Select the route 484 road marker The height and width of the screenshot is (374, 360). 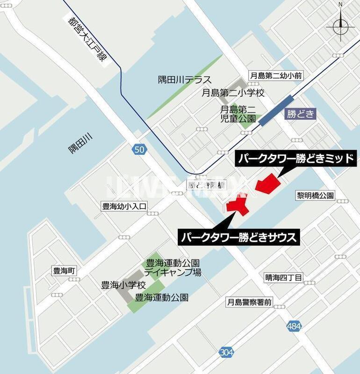pyautogui.click(x=294, y=327)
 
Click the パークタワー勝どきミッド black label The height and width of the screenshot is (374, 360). pyautogui.click(x=296, y=158)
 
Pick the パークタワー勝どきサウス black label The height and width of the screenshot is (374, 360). pyautogui.click(x=238, y=237)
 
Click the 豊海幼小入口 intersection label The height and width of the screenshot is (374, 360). pyautogui.click(x=124, y=206)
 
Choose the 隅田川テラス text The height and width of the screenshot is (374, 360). pyautogui.click(x=185, y=80)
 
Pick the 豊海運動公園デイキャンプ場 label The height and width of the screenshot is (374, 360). pyautogui.click(x=173, y=267)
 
